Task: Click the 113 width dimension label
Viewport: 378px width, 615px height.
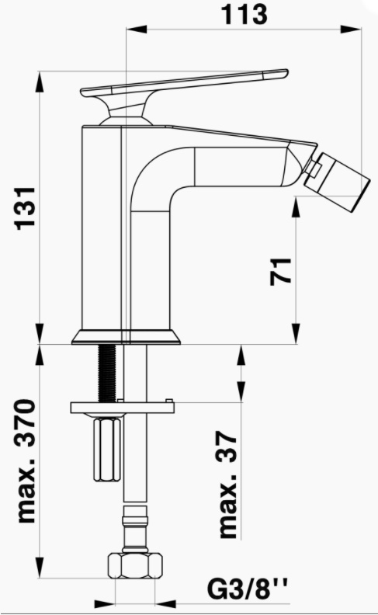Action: point(245,15)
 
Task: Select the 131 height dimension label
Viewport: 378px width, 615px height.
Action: point(25,208)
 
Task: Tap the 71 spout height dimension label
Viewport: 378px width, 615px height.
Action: point(281,272)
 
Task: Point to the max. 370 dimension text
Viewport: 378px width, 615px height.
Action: point(26,461)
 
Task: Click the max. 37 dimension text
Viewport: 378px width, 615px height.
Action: point(228,485)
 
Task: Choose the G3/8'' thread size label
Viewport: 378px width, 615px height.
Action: point(247,590)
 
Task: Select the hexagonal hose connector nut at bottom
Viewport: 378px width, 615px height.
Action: point(134,565)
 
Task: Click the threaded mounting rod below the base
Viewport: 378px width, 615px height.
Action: point(107,372)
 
